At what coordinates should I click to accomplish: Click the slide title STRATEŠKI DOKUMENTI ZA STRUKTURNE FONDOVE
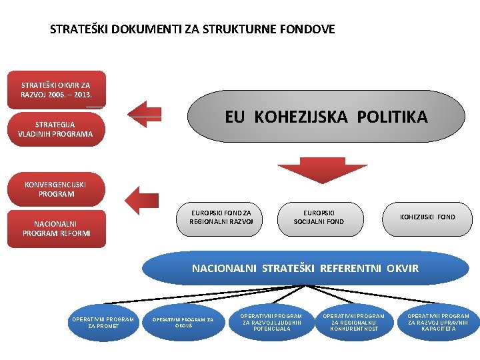(x=193, y=29)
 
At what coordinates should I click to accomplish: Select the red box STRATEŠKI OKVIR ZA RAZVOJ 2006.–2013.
(x=56, y=90)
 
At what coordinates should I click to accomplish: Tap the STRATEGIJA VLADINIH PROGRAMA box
(x=56, y=129)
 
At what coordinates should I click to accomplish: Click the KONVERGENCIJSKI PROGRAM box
(x=56, y=189)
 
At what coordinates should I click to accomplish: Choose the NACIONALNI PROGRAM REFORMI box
(x=56, y=229)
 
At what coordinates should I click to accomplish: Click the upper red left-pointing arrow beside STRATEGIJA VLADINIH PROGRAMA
(x=146, y=113)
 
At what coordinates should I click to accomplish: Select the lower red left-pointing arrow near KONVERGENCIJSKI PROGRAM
(x=141, y=198)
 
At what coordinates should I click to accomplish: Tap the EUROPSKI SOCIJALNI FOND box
(x=319, y=217)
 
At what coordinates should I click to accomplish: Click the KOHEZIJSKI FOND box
(x=427, y=217)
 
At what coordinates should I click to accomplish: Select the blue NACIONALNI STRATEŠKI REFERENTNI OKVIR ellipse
(x=305, y=268)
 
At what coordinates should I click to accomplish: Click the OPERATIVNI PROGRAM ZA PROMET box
(x=103, y=322)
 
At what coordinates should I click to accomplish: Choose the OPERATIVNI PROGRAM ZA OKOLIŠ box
(x=183, y=322)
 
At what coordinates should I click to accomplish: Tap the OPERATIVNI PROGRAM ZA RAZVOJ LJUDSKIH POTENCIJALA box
(x=271, y=322)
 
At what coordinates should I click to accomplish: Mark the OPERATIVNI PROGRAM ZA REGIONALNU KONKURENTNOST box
(x=354, y=322)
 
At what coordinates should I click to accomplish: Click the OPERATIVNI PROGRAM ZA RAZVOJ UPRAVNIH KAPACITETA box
(x=438, y=322)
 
